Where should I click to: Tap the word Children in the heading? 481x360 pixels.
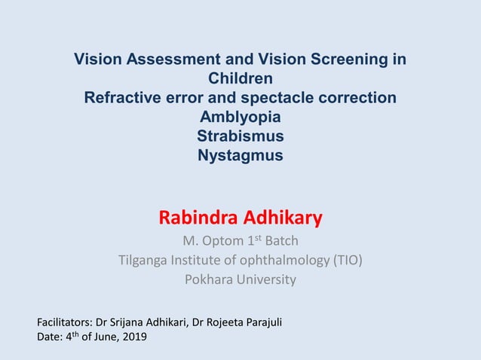(x=240, y=78)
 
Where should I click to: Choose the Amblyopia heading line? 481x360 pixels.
(x=240, y=117)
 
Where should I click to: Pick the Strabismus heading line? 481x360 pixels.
(x=240, y=136)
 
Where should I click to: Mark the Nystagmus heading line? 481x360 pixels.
(x=240, y=156)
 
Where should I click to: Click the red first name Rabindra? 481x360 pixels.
(x=198, y=218)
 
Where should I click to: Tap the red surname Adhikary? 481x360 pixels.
(x=283, y=218)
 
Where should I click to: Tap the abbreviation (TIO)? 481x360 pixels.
(x=348, y=261)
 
